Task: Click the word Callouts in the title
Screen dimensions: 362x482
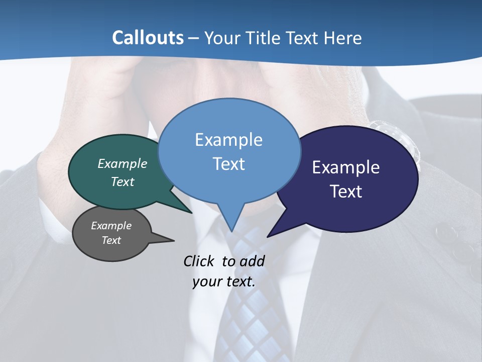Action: coord(148,38)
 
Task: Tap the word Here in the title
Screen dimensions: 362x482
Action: coord(344,38)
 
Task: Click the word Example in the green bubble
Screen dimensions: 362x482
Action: coord(123,163)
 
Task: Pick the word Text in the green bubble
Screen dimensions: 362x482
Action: coord(123,182)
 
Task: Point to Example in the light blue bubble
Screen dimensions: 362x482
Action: coord(228,140)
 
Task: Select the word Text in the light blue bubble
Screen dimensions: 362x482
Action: coord(228,163)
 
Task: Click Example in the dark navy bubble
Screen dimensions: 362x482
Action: coord(346,167)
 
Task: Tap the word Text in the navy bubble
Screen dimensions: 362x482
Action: coord(346,191)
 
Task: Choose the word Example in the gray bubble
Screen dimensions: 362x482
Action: coord(111,226)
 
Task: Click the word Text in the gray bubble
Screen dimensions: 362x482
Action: coord(111,240)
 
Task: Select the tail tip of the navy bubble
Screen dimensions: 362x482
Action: coord(269,236)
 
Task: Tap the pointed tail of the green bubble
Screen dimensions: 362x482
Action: coord(191,212)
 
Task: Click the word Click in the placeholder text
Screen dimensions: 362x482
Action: coord(199,261)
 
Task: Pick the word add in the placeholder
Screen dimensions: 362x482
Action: coord(252,261)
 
